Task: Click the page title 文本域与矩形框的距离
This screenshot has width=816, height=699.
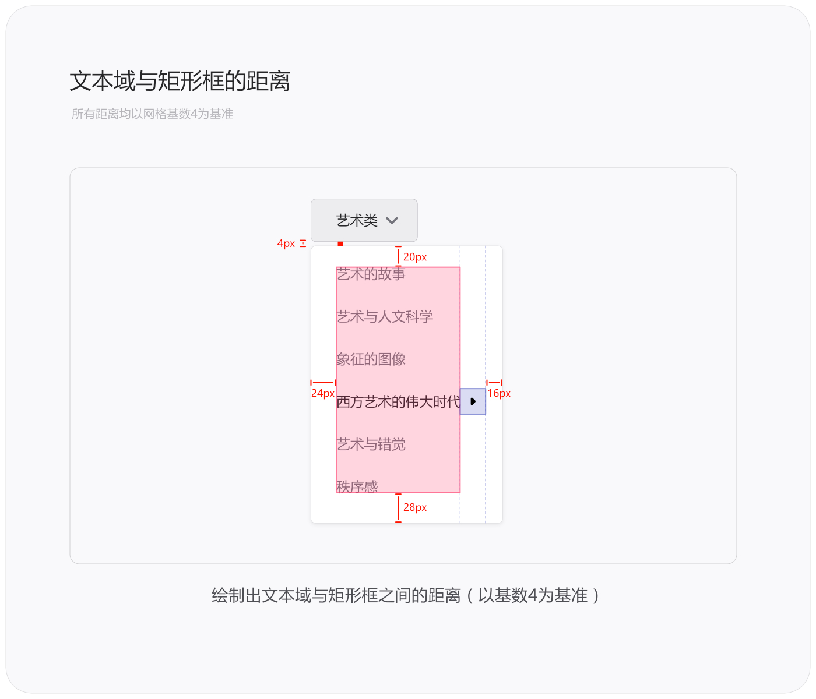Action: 180,82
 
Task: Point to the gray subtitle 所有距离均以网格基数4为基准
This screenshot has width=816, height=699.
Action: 152,114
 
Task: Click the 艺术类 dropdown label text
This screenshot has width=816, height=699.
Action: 357,221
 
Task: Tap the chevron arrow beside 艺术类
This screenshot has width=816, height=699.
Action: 392,221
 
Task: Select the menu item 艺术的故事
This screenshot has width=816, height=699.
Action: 371,274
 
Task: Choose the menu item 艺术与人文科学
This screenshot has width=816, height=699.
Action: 385,316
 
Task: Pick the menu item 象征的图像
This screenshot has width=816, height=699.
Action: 371,359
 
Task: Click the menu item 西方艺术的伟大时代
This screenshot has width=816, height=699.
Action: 398,401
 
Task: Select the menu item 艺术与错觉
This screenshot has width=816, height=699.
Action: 371,444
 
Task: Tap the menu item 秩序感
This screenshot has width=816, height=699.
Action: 357,486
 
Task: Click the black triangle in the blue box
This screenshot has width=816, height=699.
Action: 473,401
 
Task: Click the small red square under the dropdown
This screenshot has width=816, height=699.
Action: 340,244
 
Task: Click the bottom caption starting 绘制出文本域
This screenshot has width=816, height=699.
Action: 405,595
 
